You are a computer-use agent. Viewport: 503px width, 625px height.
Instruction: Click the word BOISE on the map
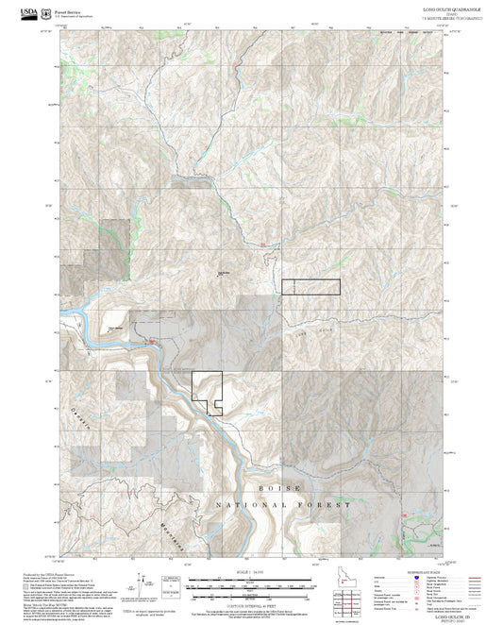(281, 487)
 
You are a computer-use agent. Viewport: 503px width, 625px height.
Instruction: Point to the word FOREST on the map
(326, 506)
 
